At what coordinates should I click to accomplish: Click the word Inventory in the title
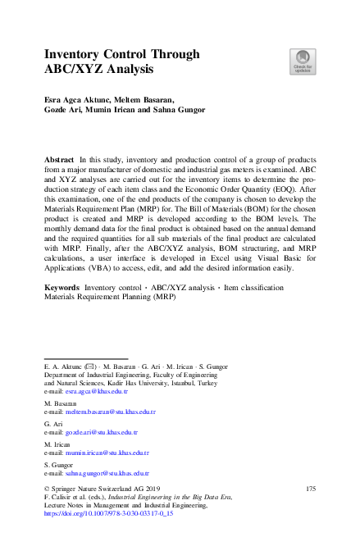tap(75, 54)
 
